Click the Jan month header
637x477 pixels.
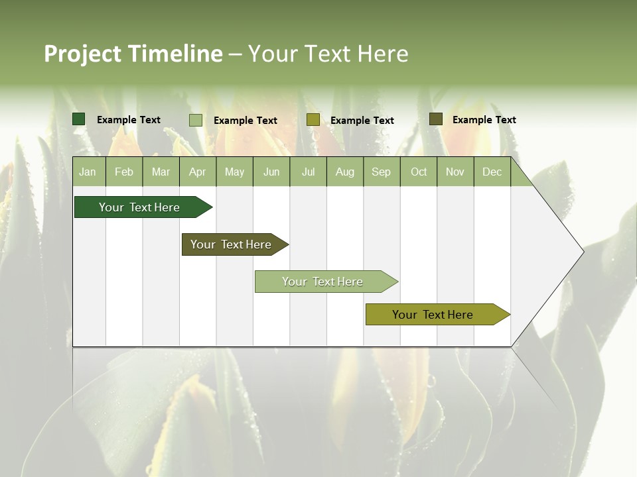tap(88, 172)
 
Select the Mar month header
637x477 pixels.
tap(161, 172)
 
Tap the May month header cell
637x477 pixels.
tap(234, 172)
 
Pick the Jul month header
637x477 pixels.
tap(308, 172)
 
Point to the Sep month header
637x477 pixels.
tap(381, 172)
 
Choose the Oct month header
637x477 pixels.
tap(418, 172)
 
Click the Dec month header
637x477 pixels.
tap(492, 172)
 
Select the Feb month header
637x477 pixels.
tap(124, 172)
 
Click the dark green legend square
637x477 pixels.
tap(79, 119)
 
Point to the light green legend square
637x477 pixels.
tap(196, 120)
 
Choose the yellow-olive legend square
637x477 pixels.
tap(313, 119)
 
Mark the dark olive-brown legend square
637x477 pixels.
tap(436, 119)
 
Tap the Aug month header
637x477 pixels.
tap(344, 172)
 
